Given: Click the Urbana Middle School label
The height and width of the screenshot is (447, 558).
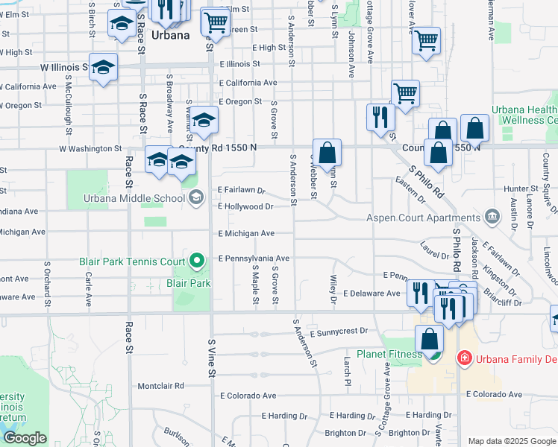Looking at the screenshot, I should click(135, 198).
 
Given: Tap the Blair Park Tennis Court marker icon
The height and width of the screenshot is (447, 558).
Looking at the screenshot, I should click(196, 261).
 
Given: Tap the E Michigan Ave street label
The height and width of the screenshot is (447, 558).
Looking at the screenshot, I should click(246, 234).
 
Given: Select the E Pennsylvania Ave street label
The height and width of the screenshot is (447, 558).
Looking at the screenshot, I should click(254, 259).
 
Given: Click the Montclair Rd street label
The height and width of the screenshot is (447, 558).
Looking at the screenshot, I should click(161, 386).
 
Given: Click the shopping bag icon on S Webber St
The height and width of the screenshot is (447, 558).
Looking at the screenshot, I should click(327, 153).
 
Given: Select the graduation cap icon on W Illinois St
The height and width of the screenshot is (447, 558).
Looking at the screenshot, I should click(104, 68).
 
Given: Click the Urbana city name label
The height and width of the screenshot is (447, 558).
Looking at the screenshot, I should click(171, 35).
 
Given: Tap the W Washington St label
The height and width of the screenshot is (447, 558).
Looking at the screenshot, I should click(90, 149).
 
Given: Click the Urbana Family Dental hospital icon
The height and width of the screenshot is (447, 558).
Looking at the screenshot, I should click(464, 358).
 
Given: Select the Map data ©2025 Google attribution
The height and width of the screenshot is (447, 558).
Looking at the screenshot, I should click(511, 441).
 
